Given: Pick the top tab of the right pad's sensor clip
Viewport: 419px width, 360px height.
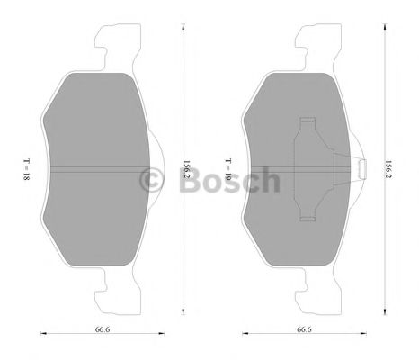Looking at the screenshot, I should point(308,121).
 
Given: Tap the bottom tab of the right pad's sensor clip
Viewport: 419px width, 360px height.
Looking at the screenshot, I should point(308,216).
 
